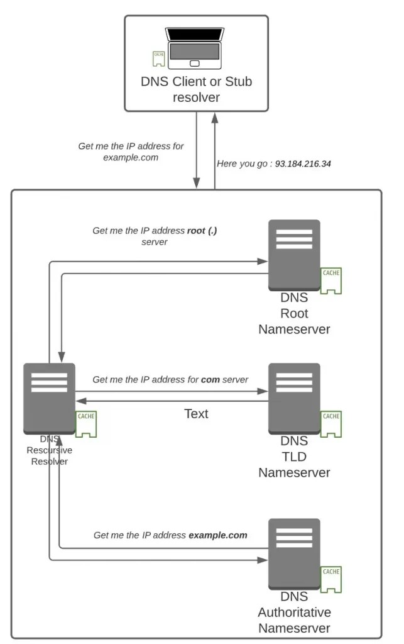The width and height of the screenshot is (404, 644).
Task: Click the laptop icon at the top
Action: [x=194, y=48]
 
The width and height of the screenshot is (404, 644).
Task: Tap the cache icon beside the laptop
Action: [x=159, y=58]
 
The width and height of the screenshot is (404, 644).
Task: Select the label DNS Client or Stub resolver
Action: [x=197, y=89]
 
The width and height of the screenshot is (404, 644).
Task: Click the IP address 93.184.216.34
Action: [x=303, y=164]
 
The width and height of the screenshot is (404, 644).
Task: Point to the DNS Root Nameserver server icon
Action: [x=293, y=253]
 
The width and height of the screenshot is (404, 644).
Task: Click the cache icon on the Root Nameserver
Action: [x=331, y=281]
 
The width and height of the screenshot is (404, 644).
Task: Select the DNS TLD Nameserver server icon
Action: [x=293, y=397]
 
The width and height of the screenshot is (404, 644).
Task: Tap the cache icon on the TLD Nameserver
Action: [x=331, y=425]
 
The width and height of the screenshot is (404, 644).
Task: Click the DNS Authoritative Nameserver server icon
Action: [x=293, y=553]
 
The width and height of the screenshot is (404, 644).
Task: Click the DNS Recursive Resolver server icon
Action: [x=49, y=397]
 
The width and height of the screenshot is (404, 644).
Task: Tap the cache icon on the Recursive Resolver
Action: [x=86, y=425]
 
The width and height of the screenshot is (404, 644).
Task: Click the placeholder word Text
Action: [x=196, y=414]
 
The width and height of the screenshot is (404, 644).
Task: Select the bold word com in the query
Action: [x=210, y=380]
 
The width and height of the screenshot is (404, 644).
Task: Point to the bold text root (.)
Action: [x=202, y=231]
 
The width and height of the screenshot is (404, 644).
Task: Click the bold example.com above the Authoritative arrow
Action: [x=217, y=535]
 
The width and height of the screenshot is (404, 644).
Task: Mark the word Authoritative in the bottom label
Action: [x=294, y=612]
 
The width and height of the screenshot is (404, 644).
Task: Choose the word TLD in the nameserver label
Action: [x=294, y=456]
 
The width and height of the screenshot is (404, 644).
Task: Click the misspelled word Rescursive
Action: [x=49, y=450]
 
